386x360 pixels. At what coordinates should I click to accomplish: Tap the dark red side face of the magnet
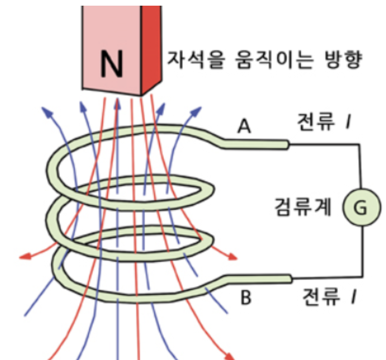pyautogui.click(x=151, y=47)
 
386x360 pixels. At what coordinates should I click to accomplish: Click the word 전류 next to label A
pyautogui.click(x=313, y=124)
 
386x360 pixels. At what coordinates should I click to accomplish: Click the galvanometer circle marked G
pyautogui.click(x=361, y=207)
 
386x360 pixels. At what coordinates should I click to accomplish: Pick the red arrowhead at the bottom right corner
pyautogui.click(x=230, y=356)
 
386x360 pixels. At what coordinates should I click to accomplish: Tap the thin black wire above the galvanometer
pyautogui.click(x=361, y=165)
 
